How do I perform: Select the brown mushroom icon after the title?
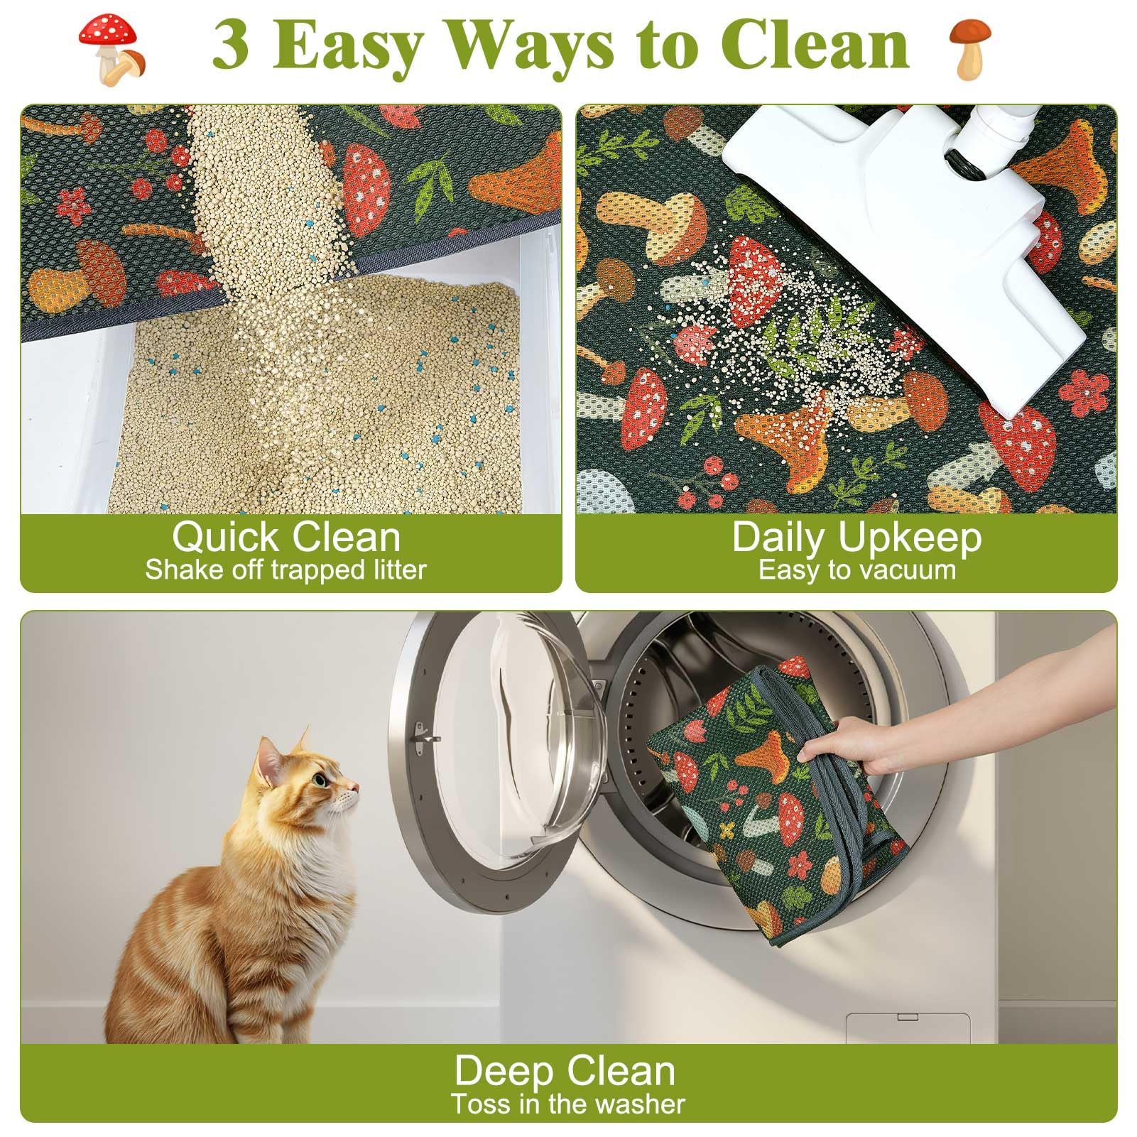click(x=969, y=48)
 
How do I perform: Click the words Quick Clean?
click(x=286, y=537)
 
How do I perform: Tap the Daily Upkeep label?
click(x=856, y=538)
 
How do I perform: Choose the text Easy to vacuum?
click(x=857, y=570)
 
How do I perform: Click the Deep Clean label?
click(x=565, y=1071)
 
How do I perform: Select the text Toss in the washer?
click(x=567, y=1104)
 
